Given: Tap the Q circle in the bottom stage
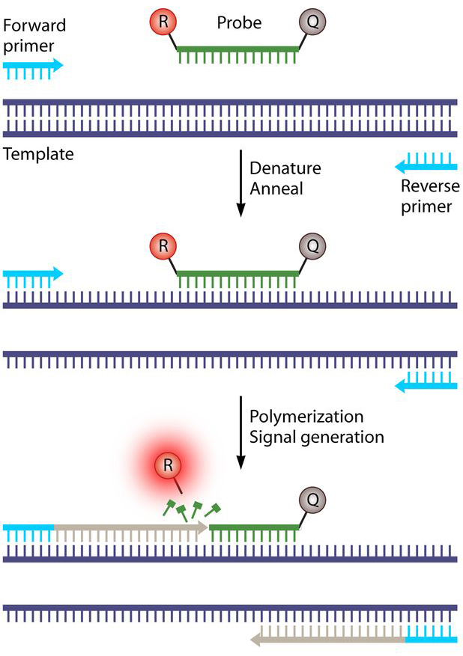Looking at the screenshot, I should pos(313,499).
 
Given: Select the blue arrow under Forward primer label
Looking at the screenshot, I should pos(33,66).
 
